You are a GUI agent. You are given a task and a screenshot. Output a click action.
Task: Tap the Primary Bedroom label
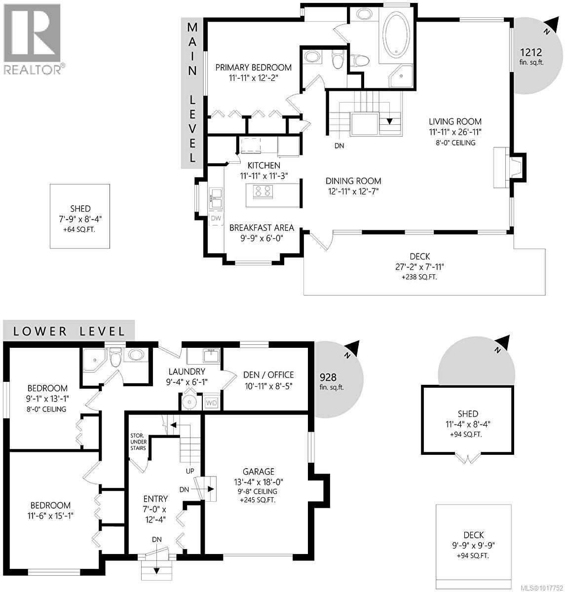(x=253, y=68)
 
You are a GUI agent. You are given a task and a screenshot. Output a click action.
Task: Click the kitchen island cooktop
(x=263, y=190)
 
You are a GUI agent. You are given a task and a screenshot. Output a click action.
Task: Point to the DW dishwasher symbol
(x=216, y=218)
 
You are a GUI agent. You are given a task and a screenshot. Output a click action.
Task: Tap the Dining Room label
(x=353, y=181)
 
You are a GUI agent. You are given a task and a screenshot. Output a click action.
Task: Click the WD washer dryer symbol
(x=212, y=403)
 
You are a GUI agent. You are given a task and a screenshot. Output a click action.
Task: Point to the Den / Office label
(x=268, y=375)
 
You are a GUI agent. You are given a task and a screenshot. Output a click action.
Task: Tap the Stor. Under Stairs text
(x=138, y=442)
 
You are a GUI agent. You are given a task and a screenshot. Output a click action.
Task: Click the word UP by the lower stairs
(x=190, y=471)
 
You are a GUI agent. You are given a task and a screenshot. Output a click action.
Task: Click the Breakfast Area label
(x=262, y=228)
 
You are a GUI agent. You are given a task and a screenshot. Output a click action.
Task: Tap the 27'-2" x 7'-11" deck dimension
(x=419, y=267)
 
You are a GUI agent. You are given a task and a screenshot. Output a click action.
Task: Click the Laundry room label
(x=187, y=371)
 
